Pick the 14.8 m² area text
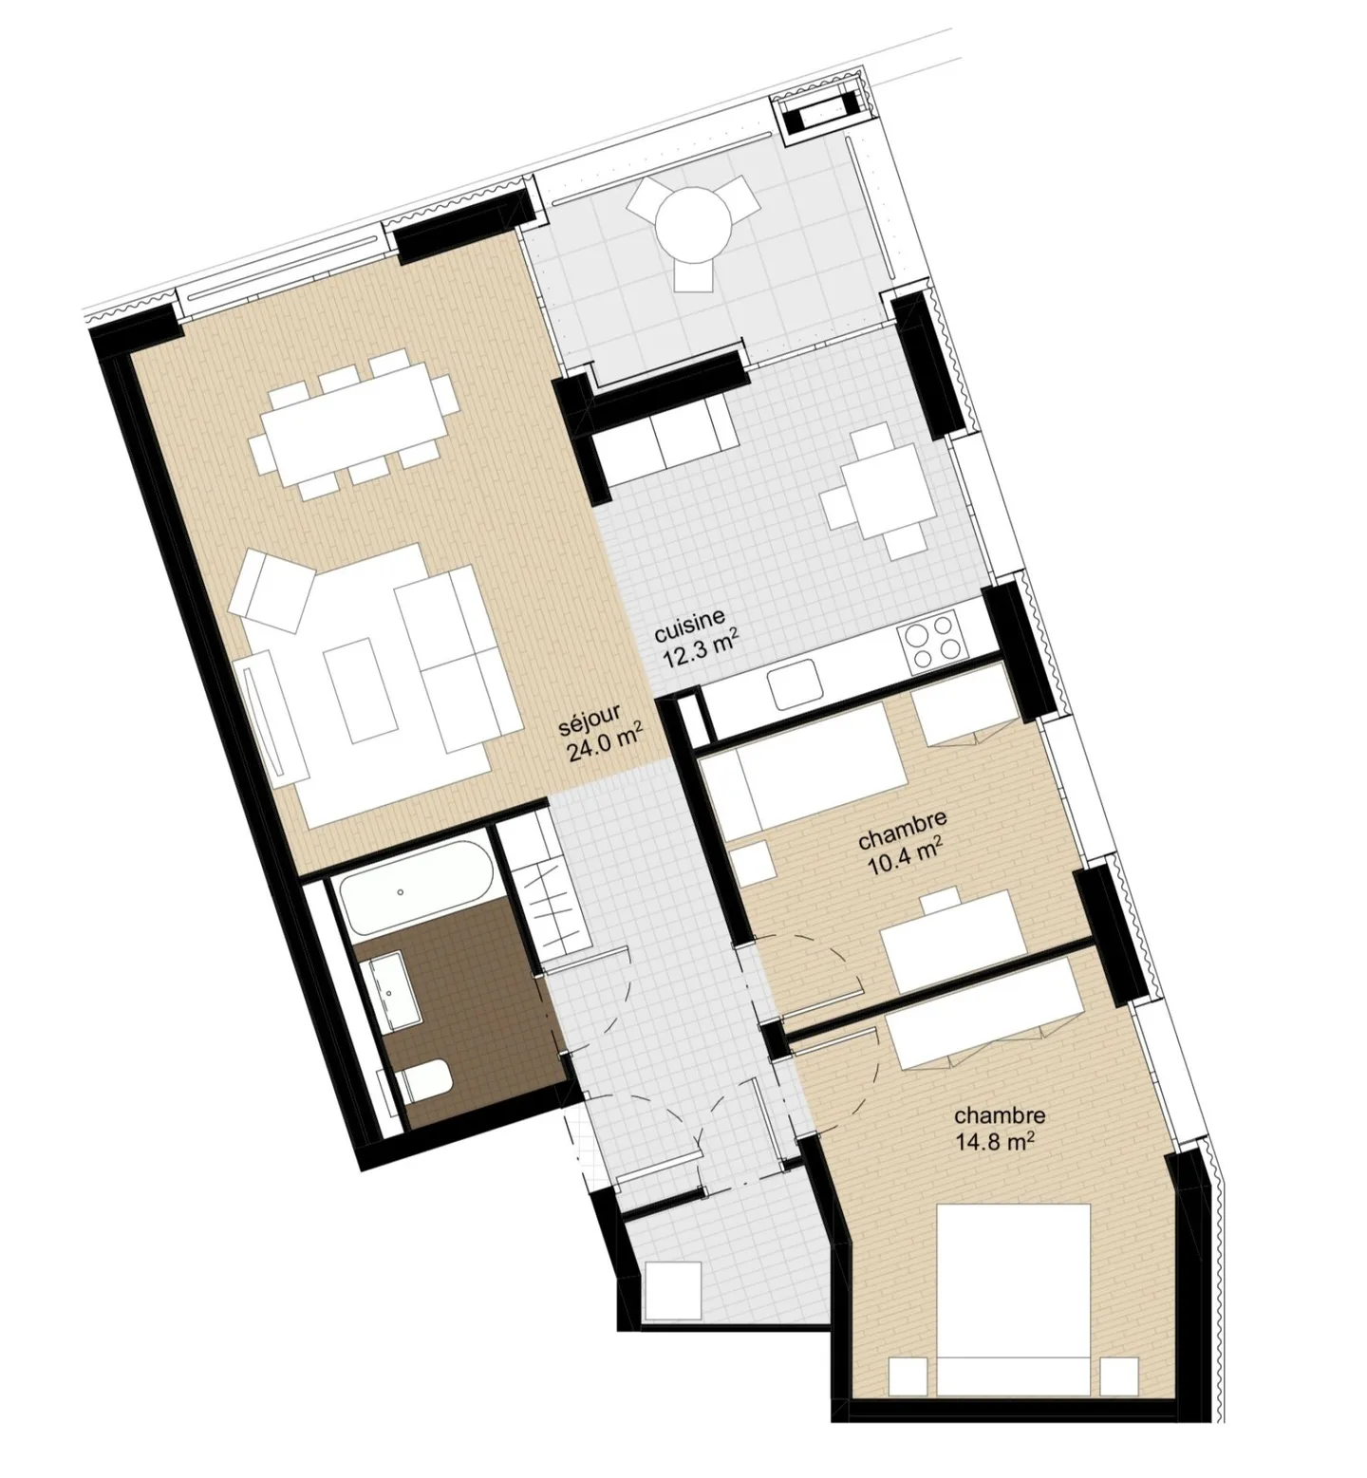[995, 1142]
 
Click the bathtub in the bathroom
[416, 887]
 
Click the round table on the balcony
[697, 225]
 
